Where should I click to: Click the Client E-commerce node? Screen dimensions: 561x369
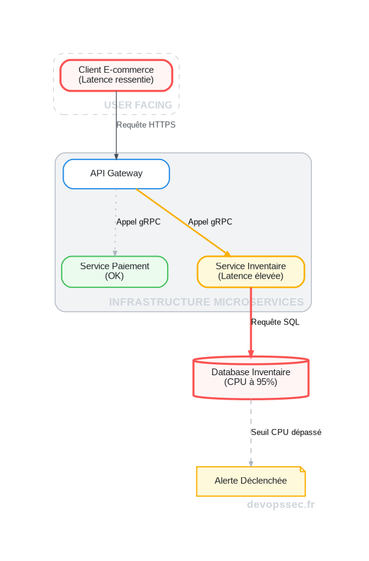[x=116, y=75]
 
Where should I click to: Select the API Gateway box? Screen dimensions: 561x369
[x=116, y=174]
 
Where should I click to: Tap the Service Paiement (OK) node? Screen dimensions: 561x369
[x=114, y=271]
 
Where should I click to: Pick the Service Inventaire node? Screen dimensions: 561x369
[x=251, y=271]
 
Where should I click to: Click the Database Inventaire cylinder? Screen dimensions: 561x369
[x=251, y=377]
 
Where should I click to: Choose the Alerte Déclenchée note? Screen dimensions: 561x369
[x=251, y=481]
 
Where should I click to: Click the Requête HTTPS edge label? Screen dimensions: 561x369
[x=146, y=125]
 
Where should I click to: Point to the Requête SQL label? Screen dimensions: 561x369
[x=275, y=322]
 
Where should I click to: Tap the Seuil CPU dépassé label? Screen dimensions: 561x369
[x=286, y=432]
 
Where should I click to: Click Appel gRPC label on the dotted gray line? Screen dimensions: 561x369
[x=138, y=222]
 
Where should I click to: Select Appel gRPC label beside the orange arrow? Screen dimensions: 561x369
[x=210, y=222]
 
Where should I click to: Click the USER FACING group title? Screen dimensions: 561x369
[x=138, y=105]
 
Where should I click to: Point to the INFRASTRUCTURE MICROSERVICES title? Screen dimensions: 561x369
[x=206, y=302]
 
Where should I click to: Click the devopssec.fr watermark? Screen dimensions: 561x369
[x=281, y=505]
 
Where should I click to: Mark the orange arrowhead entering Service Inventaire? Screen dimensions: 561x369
[x=227, y=254]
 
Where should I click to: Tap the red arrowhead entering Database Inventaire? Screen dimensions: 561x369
[x=251, y=353]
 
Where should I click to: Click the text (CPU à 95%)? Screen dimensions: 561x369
[x=251, y=382]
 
